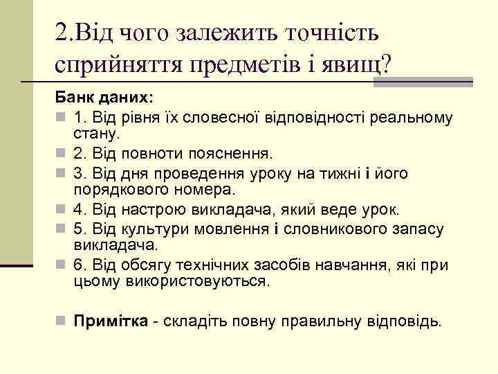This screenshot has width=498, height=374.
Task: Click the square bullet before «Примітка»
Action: coord(61,321)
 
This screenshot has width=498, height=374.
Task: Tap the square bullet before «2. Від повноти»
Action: coord(61,151)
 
